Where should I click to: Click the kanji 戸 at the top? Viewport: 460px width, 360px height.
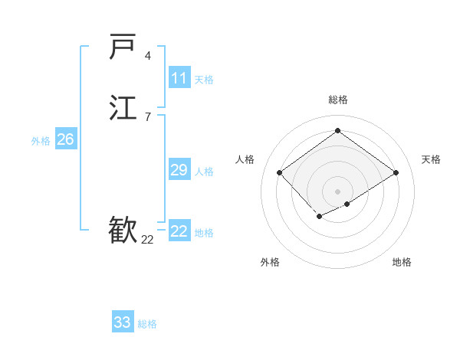123,47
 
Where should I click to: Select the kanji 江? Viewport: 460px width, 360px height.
123,106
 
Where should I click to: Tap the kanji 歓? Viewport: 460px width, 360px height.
123,229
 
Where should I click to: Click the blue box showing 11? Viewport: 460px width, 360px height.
179,78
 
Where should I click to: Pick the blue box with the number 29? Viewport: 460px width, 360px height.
179,170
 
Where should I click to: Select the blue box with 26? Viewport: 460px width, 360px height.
65,139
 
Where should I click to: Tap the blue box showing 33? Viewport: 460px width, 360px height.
123,322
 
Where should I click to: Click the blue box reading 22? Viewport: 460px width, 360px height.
179,231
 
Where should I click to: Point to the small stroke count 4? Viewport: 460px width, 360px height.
148,56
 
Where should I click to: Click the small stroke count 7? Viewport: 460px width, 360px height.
148,116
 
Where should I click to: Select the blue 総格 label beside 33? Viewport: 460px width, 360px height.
147,324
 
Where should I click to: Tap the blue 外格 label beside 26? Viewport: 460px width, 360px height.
41,141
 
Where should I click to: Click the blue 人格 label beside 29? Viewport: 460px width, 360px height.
204,172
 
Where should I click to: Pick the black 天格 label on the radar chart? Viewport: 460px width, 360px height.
431,159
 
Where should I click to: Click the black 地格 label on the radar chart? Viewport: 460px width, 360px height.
402,262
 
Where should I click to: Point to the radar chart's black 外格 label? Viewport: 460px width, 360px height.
270,262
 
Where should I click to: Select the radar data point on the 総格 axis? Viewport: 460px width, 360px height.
337,131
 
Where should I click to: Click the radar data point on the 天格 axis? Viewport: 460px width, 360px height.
396,172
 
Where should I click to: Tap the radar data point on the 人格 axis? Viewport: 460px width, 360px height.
280,172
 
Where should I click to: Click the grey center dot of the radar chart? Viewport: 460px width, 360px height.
337,191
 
